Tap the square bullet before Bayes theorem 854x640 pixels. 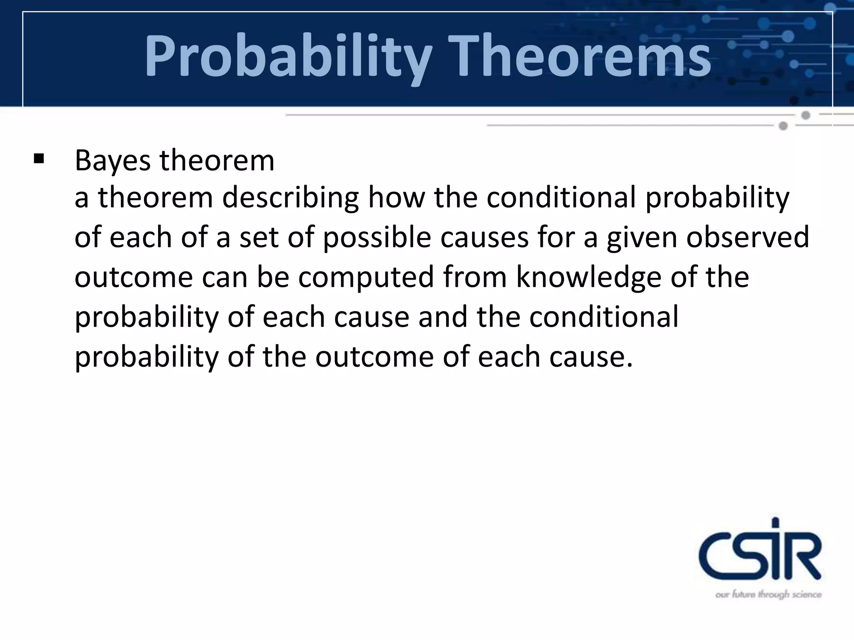pyautogui.click(x=39, y=159)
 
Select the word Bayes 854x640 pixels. pyautogui.click(x=112, y=161)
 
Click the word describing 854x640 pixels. pyautogui.click(x=290, y=198)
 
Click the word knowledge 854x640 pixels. pyautogui.click(x=588, y=277)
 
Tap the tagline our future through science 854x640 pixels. pyautogui.click(x=768, y=595)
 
